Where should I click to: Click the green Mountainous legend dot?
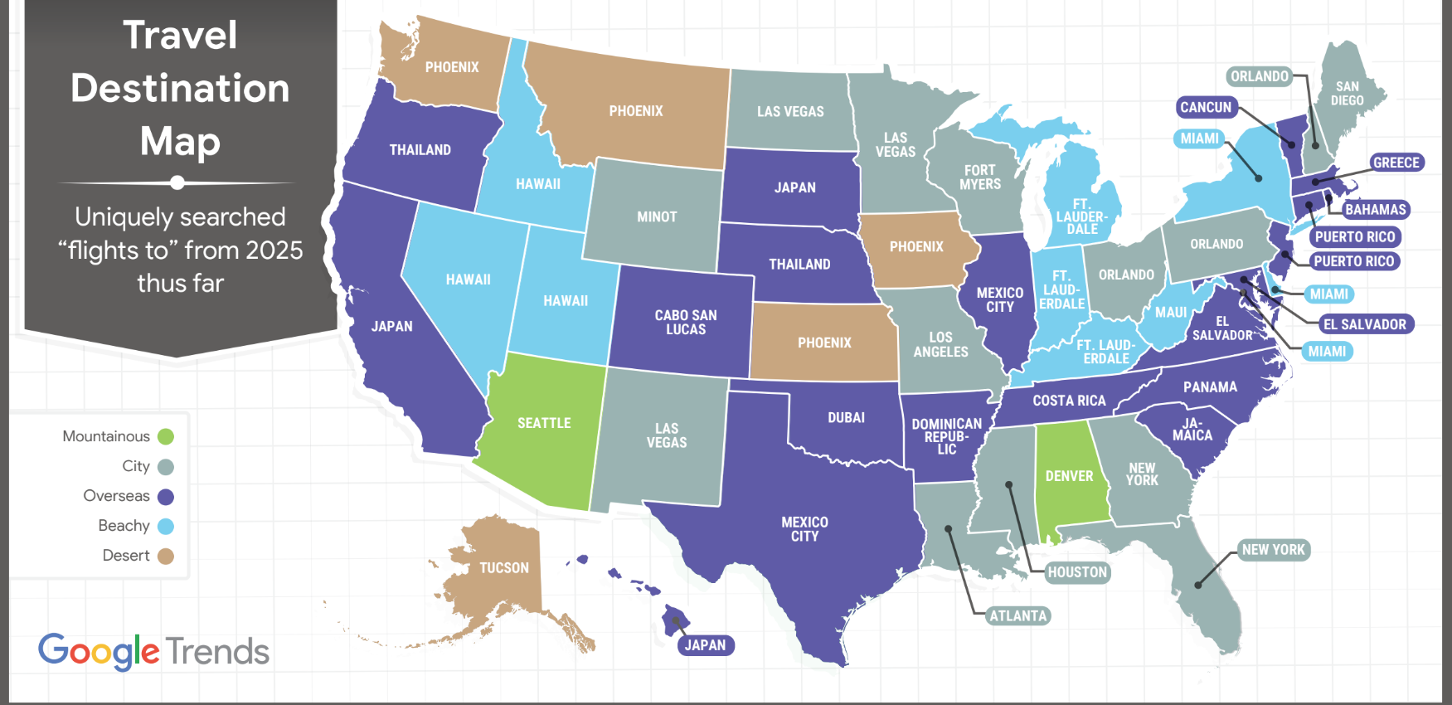[166, 436]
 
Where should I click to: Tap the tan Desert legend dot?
[166, 556]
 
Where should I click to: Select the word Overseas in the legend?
[116, 496]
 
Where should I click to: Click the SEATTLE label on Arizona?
[544, 423]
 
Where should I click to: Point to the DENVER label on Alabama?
[1069, 476]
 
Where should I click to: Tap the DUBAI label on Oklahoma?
[846, 417]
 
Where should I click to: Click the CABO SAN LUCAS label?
[686, 322]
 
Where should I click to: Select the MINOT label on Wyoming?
[657, 216]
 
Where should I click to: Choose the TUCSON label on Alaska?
[503, 568]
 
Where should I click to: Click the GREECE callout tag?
[1396, 163]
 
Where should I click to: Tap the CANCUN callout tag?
[1206, 107]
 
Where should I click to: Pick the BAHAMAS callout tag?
[1375, 210]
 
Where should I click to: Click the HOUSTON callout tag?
[1076, 572]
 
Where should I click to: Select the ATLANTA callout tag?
[1017, 615]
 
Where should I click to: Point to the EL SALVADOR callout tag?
[1364, 324]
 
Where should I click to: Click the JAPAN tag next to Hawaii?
[705, 645]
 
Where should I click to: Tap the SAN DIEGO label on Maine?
[1347, 93]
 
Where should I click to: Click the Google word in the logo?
[98, 651]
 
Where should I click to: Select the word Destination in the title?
[180, 88]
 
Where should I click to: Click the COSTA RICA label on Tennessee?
[1069, 401]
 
